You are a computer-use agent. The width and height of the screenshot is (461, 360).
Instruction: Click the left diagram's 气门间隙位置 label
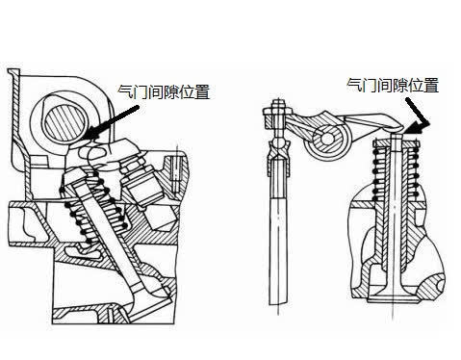[x=164, y=91]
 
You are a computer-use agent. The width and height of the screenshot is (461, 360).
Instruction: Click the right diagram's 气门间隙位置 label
[x=393, y=85]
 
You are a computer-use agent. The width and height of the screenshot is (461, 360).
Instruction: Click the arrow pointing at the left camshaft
[x=113, y=122]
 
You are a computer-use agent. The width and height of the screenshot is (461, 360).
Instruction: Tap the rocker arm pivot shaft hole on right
[x=327, y=139]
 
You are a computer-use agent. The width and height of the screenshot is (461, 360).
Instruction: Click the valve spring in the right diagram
[x=395, y=173]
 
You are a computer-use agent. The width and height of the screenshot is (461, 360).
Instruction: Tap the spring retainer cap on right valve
[x=396, y=142]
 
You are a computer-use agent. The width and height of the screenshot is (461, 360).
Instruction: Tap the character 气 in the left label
[x=124, y=91]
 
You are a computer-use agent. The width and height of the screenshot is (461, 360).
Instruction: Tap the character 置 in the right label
[x=431, y=85]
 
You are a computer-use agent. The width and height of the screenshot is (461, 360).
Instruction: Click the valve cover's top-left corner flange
[x=13, y=72]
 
